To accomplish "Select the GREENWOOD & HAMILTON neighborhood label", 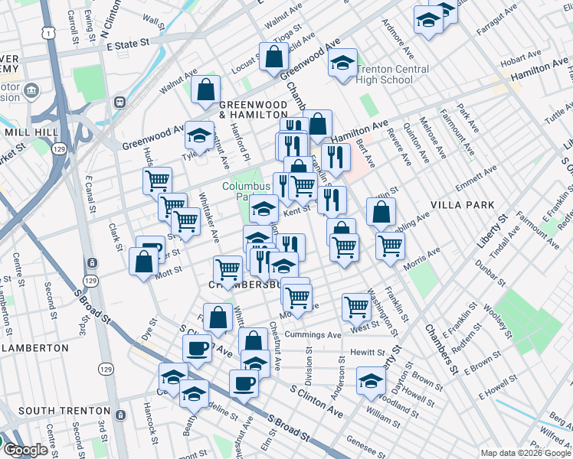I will [x=252, y=109].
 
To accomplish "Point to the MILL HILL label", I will [x=27, y=132].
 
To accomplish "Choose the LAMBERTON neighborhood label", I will [x=35, y=347].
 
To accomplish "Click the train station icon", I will [x=120, y=103].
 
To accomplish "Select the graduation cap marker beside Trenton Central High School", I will [x=342, y=64].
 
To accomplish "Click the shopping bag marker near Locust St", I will [x=273, y=56].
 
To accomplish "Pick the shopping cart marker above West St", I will [x=356, y=306].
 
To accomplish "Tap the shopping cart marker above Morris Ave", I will [x=390, y=245].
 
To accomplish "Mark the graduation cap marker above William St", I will [x=371, y=380].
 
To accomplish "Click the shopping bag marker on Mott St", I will [x=144, y=261].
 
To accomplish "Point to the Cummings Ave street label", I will [x=313, y=335].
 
